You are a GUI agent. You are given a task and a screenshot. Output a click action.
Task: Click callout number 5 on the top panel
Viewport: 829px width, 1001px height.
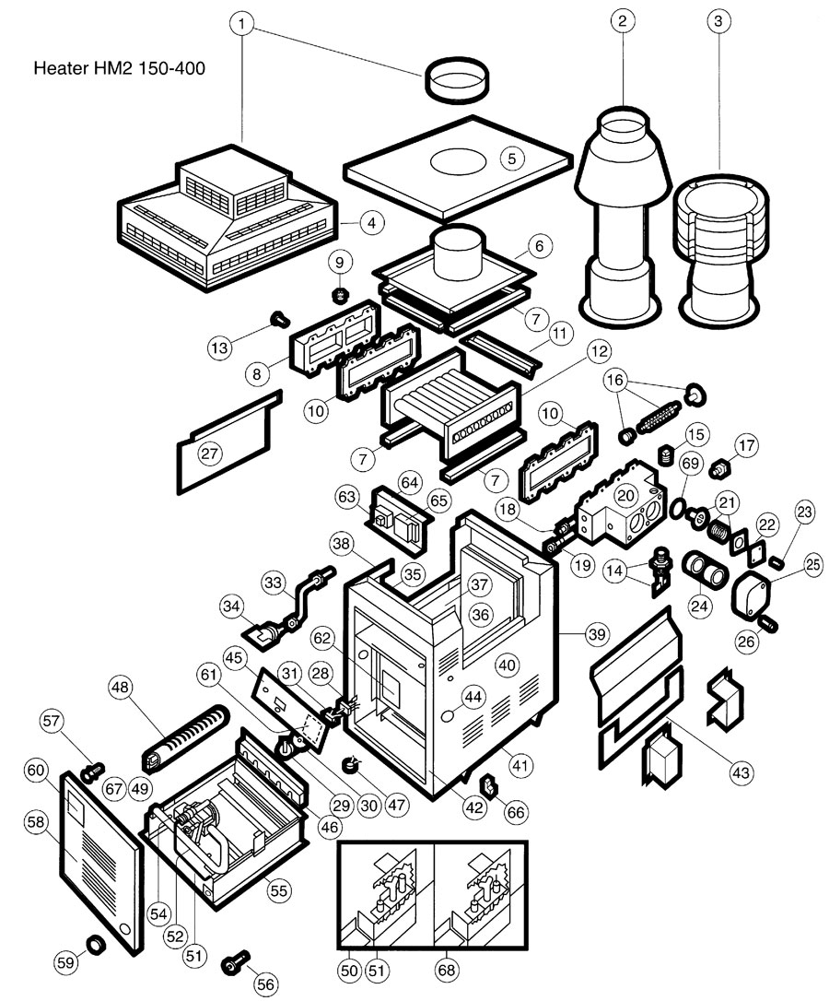pos(512,158)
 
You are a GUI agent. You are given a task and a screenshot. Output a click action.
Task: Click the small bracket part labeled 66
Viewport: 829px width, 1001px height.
pos(491,784)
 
